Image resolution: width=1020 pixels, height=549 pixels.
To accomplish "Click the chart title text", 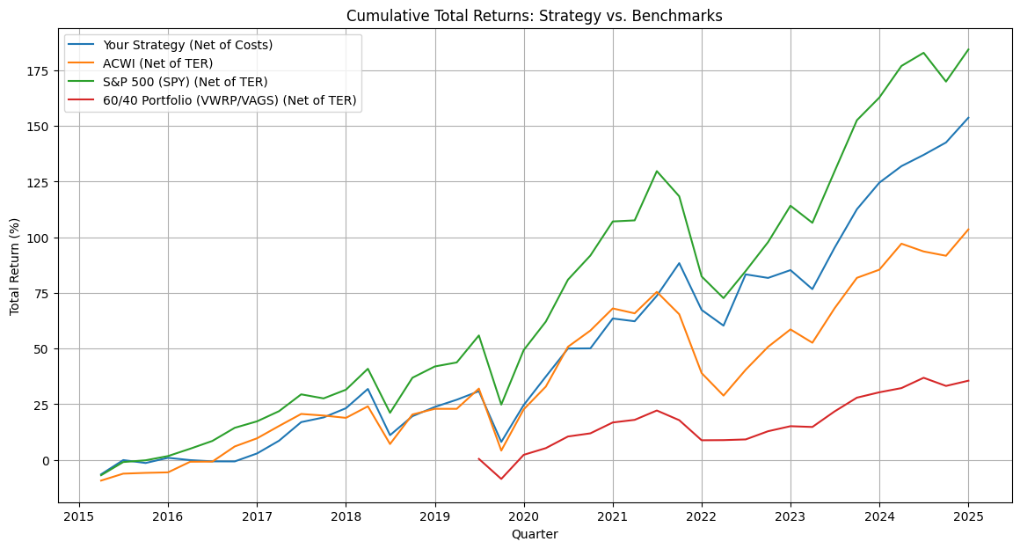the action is (534, 16).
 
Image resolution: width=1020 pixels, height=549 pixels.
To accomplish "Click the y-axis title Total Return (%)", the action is (14, 267).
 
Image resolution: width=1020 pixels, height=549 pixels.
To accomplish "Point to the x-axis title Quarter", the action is (535, 535).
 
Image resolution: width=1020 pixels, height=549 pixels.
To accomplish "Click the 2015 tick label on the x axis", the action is (79, 517).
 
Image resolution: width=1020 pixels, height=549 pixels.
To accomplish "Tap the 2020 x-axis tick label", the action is (524, 517).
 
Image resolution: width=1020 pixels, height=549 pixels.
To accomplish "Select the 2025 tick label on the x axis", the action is (968, 517).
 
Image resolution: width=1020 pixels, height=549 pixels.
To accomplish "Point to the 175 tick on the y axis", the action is (42, 71).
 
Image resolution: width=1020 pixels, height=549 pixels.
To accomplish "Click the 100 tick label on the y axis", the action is (42, 238).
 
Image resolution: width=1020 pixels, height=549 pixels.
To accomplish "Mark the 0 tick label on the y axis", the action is (48, 460).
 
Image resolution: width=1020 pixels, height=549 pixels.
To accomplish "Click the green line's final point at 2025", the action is (968, 49).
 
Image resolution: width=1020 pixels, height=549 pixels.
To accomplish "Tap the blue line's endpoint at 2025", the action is (968, 118).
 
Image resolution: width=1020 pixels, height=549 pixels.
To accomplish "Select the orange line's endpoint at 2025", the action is (968, 230).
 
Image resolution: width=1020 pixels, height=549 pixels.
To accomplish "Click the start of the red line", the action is (478, 458).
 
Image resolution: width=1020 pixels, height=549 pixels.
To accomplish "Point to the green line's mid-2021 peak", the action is (657, 172).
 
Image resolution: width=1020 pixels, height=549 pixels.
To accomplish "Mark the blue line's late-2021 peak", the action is (679, 263).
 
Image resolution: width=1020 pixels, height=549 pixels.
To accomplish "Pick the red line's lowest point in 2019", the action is (501, 479).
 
